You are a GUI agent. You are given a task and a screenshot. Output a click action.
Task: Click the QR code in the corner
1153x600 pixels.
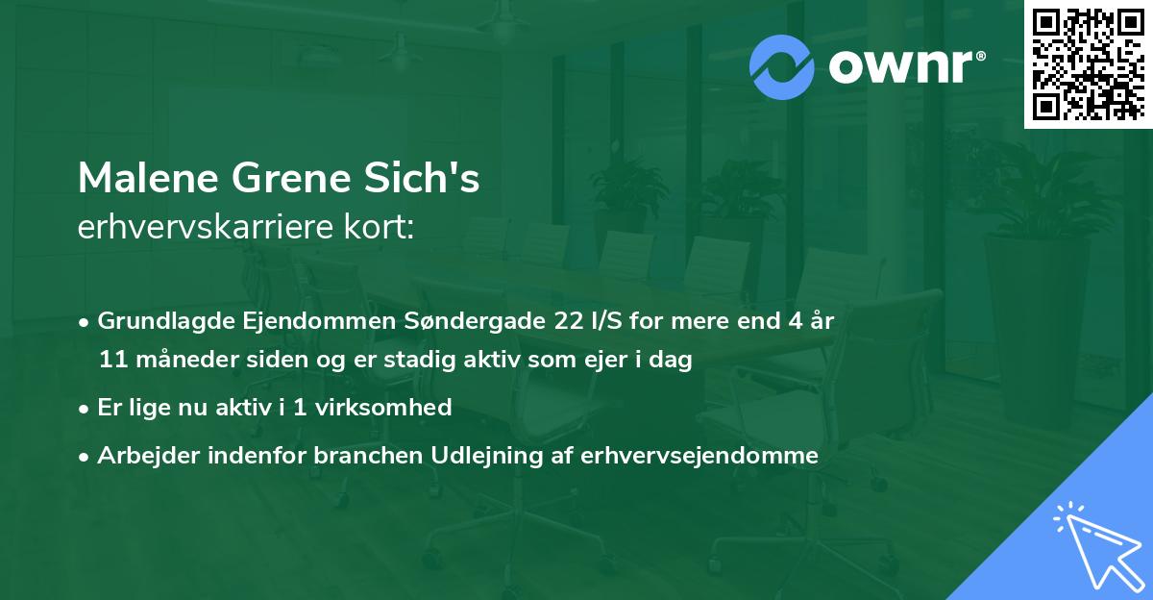tap(1087, 63)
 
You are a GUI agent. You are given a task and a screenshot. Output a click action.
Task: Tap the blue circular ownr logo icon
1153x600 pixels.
tap(782, 67)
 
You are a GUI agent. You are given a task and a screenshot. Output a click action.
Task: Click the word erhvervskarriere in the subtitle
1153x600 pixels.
tap(196, 228)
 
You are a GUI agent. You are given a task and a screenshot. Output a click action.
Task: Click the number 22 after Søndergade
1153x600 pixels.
tap(557, 321)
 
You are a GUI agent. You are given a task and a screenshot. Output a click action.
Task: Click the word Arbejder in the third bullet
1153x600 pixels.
tap(141, 456)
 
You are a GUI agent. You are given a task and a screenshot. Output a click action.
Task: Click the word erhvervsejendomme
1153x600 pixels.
tap(700, 456)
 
